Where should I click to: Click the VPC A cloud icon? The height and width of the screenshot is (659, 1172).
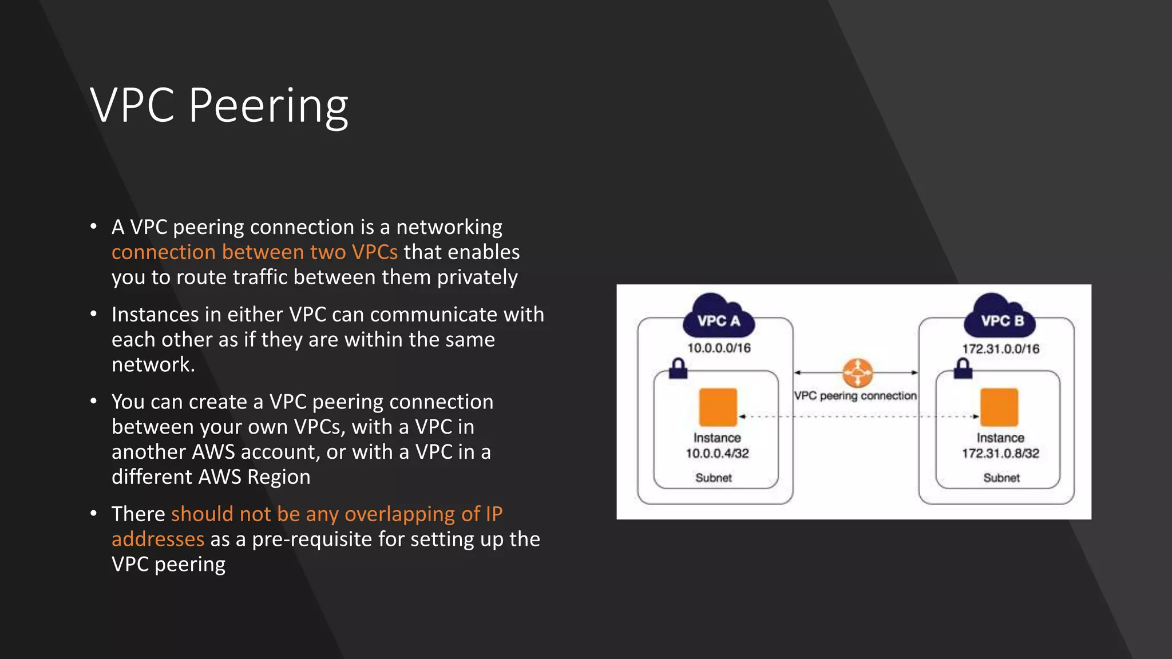click(719, 316)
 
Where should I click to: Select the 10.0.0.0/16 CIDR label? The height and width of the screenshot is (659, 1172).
click(719, 348)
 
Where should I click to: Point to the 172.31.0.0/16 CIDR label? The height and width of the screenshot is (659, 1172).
click(1000, 349)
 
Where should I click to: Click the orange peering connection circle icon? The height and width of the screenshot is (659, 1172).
click(857, 373)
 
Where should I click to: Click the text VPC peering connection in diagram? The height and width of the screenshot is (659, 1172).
click(855, 396)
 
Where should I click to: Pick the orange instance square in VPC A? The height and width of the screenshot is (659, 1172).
click(718, 407)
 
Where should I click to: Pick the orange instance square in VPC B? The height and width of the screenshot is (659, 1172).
click(999, 407)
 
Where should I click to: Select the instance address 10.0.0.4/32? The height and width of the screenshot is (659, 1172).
click(717, 454)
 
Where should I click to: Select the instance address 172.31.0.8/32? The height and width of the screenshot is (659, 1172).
click(1000, 454)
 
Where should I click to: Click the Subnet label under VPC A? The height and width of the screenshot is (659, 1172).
click(714, 478)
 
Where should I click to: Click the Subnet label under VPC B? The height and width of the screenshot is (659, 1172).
click(1001, 478)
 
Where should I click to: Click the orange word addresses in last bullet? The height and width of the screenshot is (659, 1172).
click(157, 539)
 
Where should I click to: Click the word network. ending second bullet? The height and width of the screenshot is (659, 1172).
click(153, 364)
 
